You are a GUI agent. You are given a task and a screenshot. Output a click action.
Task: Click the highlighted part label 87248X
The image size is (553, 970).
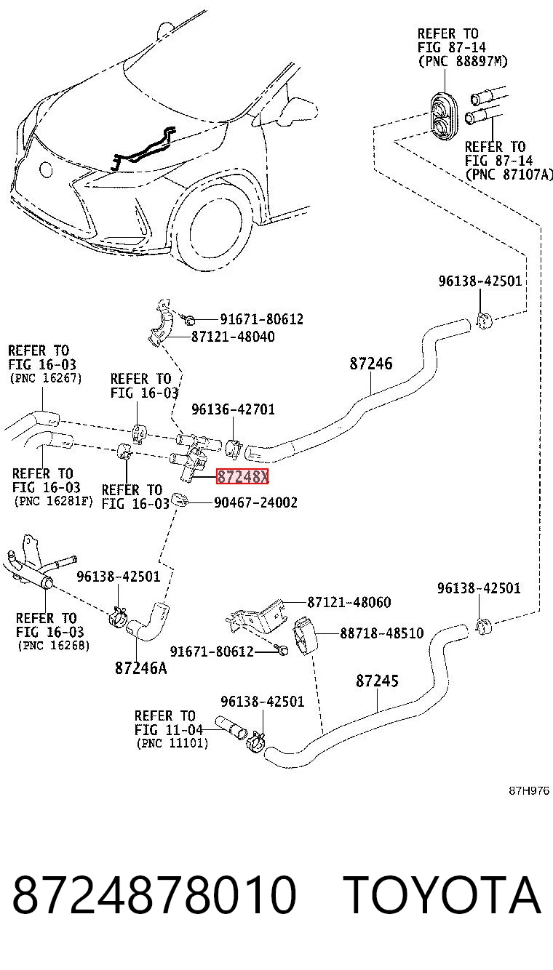[243, 476]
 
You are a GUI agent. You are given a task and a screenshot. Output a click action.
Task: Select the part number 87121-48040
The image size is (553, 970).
[233, 337]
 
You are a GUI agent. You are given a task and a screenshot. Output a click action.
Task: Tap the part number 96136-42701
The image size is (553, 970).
[233, 409]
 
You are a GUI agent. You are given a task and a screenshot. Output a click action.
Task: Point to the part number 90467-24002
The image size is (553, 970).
[255, 502]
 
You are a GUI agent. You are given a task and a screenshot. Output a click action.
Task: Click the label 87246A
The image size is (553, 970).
[141, 668]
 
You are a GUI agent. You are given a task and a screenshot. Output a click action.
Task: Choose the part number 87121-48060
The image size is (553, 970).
[349, 602]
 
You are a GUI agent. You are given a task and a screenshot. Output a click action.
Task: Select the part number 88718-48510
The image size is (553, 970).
[382, 633]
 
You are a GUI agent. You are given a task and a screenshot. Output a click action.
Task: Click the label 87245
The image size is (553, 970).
[377, 681]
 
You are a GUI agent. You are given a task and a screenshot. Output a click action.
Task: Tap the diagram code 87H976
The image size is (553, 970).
[529, 790]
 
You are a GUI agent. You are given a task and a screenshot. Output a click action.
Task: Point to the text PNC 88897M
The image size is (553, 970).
[463, 62]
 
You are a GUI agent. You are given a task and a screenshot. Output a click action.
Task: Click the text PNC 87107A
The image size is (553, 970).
[509, 175]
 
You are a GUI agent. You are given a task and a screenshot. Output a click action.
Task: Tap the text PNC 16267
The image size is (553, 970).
[46, 378]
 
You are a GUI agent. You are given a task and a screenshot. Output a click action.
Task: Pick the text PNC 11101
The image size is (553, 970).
[172, 744]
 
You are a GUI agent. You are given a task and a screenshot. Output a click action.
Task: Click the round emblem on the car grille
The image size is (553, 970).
[46, 169]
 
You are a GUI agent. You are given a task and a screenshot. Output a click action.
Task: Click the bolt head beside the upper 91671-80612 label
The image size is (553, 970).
[189, 321]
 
